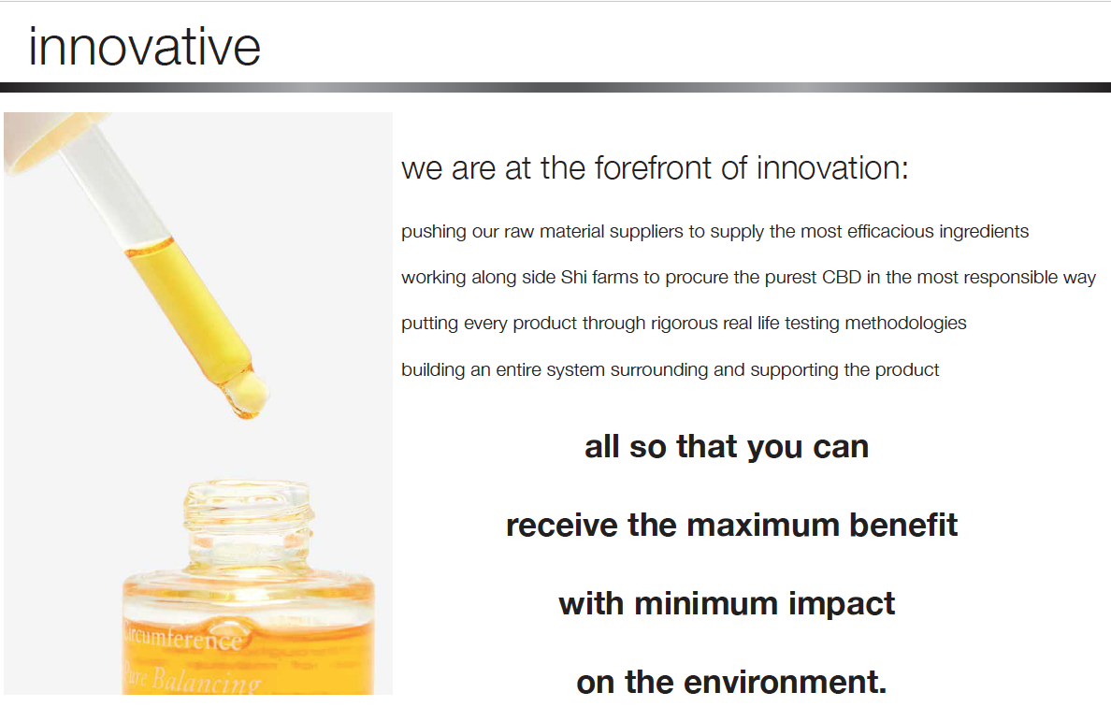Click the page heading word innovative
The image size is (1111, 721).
[x=145, y=48]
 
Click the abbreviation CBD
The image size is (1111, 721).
[x=841, y=277]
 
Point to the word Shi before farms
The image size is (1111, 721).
[x=573, y=277]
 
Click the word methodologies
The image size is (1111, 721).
[x=905, y=323]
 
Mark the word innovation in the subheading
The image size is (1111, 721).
[x=831, y=167]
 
